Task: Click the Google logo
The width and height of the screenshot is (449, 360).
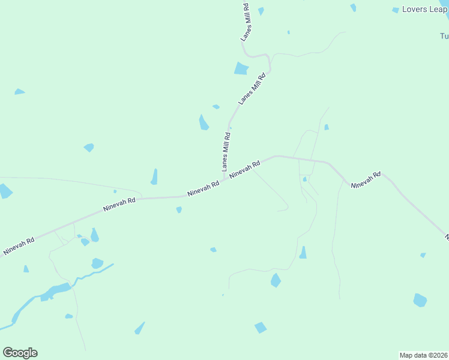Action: pyautogui.click(x=20, y=353)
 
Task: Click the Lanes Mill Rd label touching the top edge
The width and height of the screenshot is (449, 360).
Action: pyautogui.click(x=246, y=22)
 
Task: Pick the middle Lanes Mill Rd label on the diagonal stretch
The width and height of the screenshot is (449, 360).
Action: pyautogui.click(x=252, y=89)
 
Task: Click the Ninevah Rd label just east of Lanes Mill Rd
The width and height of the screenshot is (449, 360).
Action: pyautogui.click(x=245, y=169)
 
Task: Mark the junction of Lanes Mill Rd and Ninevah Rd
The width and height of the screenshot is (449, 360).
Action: pyautogui.click(x=225, y=178)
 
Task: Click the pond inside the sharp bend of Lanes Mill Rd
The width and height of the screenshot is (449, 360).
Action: pyautogui.click(x=241, y=68)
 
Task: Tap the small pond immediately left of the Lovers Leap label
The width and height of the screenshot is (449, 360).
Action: pyautogui.click(x=396, y=10)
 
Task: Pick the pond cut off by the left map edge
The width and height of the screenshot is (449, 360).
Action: pyautogui.click(x=5, y=191)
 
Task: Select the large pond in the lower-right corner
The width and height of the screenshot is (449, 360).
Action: pyautogui.click(x=420, y=299)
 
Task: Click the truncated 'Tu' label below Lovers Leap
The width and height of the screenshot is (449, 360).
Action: pyautogui.click(x=444, y=35)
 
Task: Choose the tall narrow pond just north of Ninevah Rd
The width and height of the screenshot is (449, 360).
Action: pyautogui.click(x=154, y=176)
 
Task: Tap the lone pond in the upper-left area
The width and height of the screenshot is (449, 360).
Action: pyautogui.click(x=19, y=92)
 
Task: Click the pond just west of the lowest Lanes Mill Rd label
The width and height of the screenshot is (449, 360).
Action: pyautogui.click(x=203, y=122)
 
